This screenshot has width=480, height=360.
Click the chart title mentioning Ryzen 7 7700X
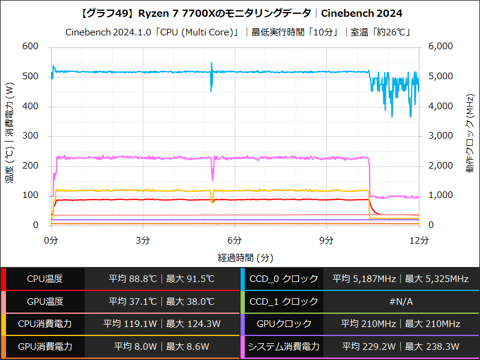pos(240,13)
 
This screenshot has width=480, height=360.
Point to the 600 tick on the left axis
pos(30,47)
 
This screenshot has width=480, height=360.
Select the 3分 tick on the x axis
pos(143,240)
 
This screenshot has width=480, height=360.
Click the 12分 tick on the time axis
pos(418,240)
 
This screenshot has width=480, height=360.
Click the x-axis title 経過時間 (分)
pos(235,257)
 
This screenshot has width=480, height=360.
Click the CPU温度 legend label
pos(45,279)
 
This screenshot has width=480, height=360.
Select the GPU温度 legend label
pos(45,301)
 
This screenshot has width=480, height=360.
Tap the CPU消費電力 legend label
pos(45,324)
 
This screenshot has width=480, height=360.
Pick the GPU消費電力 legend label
pos(45,346)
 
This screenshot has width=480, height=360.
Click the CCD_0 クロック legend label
pos(284,279)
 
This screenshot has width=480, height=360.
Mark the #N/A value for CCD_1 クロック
pos(401,301)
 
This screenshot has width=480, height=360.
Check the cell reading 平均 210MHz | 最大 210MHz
pos(401,324)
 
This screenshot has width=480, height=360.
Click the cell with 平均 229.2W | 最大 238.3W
pos(401,346)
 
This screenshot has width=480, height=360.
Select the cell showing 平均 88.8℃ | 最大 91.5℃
pos(161,279)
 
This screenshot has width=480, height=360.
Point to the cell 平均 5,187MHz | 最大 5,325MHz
pos(401,279)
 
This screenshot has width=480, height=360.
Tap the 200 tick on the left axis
pos(30,166)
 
